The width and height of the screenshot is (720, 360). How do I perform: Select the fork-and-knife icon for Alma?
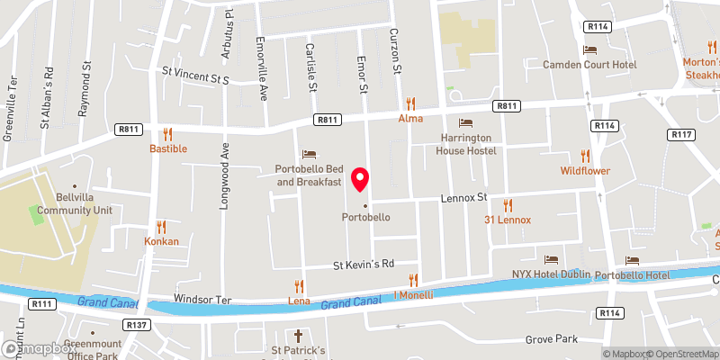(412, 103)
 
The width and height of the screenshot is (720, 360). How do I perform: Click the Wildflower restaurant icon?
(585, 155)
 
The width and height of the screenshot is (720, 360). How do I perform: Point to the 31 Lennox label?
(508, 220)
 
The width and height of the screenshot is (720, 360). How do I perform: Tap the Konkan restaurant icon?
(162, 226)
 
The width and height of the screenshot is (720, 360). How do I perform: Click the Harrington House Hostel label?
(468, 144)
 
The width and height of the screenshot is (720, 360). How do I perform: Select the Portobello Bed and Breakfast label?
(309, 175)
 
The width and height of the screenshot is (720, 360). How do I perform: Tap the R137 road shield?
(138, 324)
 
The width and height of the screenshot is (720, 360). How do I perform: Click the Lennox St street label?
(463, 197)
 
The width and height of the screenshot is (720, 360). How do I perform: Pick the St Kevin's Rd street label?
(364, 265)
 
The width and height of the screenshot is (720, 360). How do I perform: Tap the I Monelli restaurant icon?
(414, 280)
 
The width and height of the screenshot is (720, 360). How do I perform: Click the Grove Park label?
(553, 340)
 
